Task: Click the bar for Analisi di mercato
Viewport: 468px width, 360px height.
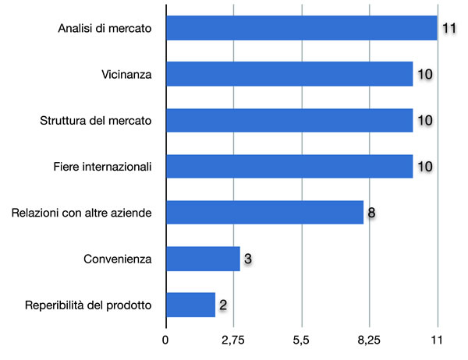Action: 301,29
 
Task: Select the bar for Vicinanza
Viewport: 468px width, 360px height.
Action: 289,75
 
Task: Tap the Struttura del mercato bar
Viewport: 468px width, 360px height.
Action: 289,121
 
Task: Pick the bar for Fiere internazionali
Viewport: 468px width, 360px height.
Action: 289,167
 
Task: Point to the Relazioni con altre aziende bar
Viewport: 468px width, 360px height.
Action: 264,212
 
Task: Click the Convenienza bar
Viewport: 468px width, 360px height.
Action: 203,258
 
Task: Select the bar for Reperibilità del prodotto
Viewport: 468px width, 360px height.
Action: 190,304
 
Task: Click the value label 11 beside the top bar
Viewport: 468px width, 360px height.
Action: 448,29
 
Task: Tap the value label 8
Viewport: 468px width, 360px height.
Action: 373,212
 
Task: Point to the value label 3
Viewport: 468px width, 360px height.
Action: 247,258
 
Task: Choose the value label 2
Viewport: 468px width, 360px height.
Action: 223,304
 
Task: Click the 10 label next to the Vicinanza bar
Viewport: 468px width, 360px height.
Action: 424,75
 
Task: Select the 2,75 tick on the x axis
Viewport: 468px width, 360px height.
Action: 233,340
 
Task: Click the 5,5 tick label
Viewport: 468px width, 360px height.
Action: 301,340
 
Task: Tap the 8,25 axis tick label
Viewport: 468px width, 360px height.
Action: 369,340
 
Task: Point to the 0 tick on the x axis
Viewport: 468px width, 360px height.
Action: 165,340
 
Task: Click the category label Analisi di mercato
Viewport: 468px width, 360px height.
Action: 105,29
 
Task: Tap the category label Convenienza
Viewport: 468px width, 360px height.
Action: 116,258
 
